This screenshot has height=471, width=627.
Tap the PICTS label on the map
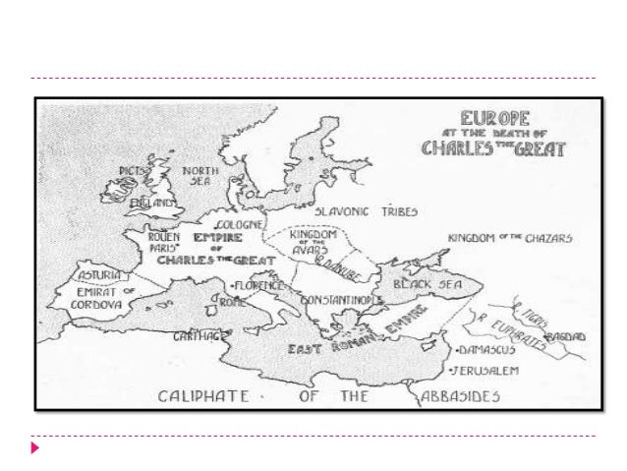pyautogui.click(x=133, y=170)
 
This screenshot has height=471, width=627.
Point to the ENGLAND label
pyautogui.click(x=155, y=204)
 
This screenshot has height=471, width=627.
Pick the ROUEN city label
pyautogui.click(x=163, y=237)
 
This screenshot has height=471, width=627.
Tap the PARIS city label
pyautogui.click(x=161, y=248)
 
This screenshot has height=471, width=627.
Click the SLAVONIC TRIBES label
pyautogui.click(x=366, y=211)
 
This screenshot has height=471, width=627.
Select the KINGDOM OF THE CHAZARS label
pyautogui.click(x=510, y=238)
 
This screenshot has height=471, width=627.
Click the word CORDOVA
pyautogui.click(x=96, y=305)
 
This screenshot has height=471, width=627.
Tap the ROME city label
pyautogui.click(x=233, y=302)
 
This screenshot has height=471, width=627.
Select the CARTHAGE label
pyautogui.click(x=196, y=335)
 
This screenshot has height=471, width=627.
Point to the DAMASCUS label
pyautogui.click(x=483, y=350)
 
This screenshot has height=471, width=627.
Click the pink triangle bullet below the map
pyautogui.click(x=35, y=448)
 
